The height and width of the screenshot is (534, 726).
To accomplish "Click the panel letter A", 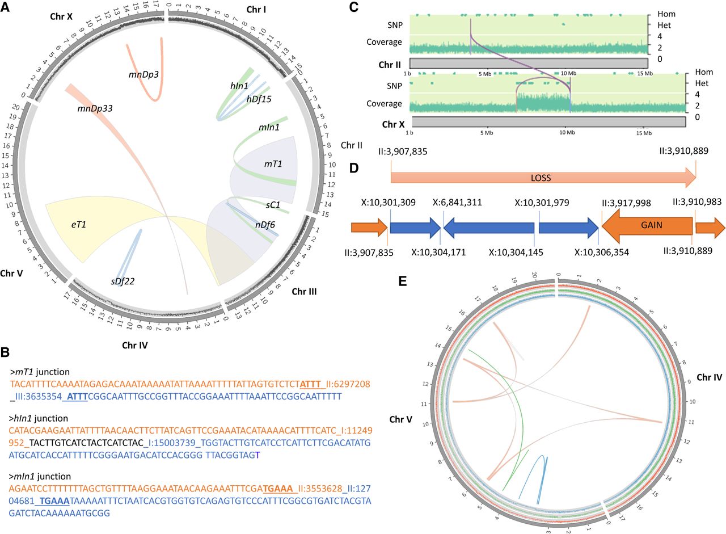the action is pyautogui.click(x=5, y=7).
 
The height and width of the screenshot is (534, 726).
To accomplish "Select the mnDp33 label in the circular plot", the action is pyautogui.click(x=95, y=108).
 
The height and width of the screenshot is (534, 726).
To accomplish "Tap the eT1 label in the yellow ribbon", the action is pyautogui.click(x=79, y=224).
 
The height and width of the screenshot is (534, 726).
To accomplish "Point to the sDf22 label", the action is pyautogui.click(x=123, y=281).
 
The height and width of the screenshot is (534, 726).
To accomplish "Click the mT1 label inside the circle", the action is pyautogui.click(x=273, y=164).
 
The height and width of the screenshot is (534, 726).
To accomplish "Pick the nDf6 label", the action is pyautogui.click(x=265, y=224).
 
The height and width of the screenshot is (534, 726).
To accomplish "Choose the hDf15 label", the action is pyautogui.click(x=259, y=99).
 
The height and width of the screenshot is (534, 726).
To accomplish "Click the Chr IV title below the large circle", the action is pyautogui.click(x=135, y=345).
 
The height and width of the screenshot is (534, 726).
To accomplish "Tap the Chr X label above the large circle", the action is pyautogui.click(x=61, y=16).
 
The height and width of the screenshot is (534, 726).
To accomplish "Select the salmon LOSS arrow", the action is pyautogui.click(x=543, y=178).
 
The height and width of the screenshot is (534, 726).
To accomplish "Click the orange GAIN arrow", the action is pyautogui.click(x=647, y=226).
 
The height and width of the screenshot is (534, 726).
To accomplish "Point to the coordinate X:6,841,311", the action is pyautogui.click(x=457, y=203).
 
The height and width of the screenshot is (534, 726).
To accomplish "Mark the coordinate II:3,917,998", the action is pyautogui.click(x=626, y=203).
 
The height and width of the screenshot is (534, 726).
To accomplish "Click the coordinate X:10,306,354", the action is pyautogui.click(x=602, y=253).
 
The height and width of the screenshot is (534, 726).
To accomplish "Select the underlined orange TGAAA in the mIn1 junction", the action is pyautogui.click(x=278, y=489).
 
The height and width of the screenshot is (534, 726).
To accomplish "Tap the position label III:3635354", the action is pyautogui.click(x=39, y=397).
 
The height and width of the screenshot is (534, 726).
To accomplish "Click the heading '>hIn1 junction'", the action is pyautogui.click(x=39, y=418).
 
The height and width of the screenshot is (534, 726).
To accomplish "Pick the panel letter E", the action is pyautogui.click(x=402, y=281).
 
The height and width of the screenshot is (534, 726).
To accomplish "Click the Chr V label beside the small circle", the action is pyautogui.click(x=401, y=419).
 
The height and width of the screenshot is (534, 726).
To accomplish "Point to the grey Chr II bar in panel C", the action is pyautogui.click(x=529, y=63).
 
